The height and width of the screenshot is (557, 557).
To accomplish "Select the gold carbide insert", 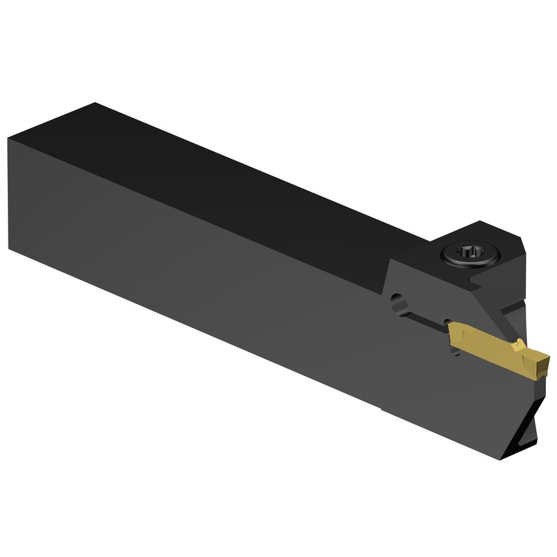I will (x=496, y=348).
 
